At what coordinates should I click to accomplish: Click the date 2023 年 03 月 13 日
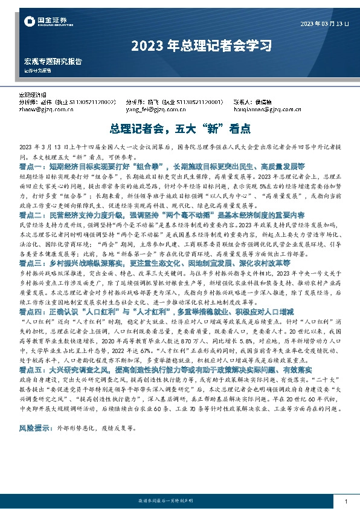325,24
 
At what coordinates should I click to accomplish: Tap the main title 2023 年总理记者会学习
179,45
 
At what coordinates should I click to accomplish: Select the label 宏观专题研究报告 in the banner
53,62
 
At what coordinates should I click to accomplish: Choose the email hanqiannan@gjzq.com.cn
267,110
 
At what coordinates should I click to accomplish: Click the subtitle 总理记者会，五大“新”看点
179,129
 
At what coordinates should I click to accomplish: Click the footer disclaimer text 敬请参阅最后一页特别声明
179,502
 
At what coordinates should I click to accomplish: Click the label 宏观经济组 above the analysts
34,96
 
